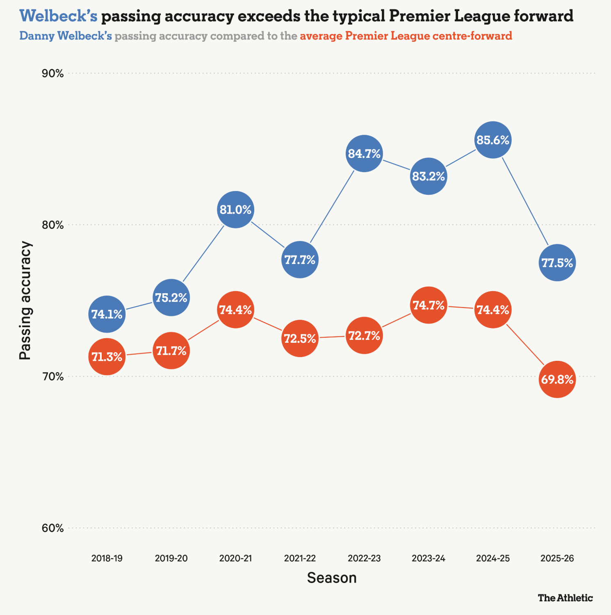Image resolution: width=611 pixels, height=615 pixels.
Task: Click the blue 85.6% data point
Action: click(x=493, y=140)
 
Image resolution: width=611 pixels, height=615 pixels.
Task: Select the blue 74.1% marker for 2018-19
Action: click(x=107, y=314)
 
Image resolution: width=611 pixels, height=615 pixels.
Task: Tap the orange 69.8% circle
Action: click(x=557, y=379)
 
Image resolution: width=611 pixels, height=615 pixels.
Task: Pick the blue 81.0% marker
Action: click(x=235, y=210)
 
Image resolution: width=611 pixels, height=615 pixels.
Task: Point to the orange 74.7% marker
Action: click(x=429, y=305)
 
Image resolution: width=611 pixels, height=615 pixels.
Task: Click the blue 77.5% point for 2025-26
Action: click(x=557, y=263)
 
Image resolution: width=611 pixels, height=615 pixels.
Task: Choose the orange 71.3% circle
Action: click(x=107, y=357)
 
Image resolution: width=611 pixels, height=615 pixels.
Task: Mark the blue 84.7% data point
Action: click(x=364, y=153)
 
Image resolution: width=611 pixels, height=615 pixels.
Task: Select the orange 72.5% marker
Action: click(x=300, y=338)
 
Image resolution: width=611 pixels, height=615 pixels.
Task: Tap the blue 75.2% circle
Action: click(x=171, y=298)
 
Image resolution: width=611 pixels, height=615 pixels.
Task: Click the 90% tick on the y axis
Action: click(x=53, y=73)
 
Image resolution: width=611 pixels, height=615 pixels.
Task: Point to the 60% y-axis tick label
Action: click(x=53, y=528)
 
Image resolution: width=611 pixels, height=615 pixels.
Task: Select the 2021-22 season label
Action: click(x=300, y=558)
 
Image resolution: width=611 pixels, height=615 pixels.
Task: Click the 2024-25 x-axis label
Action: click(x=493, y=558)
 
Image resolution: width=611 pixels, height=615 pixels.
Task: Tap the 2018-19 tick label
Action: click(x=107, y=558)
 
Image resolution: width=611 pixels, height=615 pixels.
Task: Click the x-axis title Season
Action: click(x=332, y=578)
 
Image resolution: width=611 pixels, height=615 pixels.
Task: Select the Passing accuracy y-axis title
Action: click(x=25, y=301)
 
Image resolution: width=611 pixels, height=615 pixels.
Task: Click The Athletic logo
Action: click(x=565, y=598)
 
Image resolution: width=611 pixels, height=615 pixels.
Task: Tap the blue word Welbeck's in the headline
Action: click(x=59, y=16)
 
